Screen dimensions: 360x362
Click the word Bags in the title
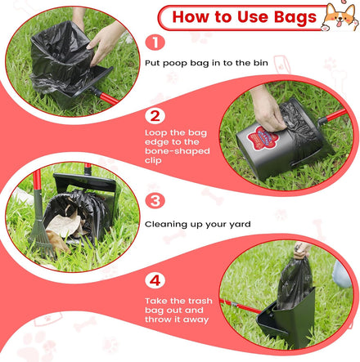[295, 18]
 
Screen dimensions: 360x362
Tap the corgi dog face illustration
[340, 17]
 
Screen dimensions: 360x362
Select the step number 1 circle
[155, 42]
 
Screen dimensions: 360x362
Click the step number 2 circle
[155, 116]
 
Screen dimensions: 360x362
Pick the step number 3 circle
[155, 201]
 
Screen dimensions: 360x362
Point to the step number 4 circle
[155, 281]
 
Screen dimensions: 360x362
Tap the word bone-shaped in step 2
[178, 151]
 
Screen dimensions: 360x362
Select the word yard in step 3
[240, 225]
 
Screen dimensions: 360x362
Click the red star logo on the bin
[261, 138]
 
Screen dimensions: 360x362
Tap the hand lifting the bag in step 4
[302, 250]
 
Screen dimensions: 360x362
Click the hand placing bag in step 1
[105, 42]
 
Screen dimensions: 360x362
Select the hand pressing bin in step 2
[268, 109]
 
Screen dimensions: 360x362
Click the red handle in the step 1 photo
[109, 98]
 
